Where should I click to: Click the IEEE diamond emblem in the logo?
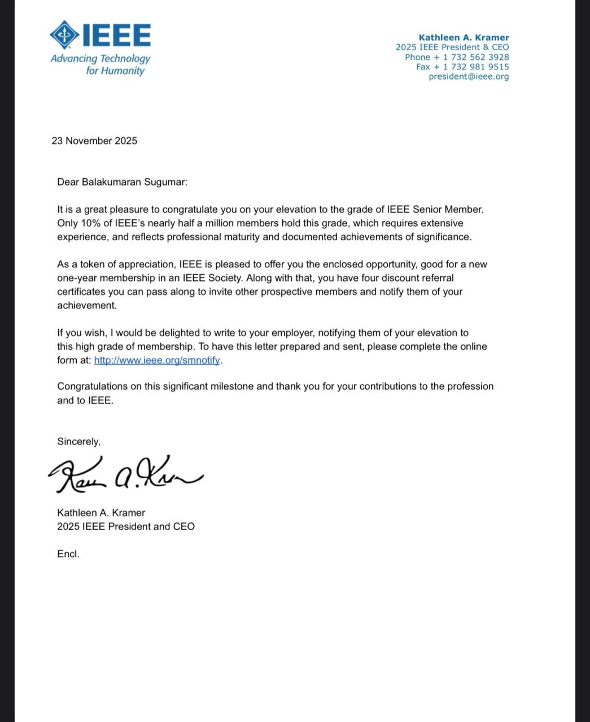65,34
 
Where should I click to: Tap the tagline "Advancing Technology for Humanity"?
100,64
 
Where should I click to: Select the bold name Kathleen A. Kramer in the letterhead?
464,38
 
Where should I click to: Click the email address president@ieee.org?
469,76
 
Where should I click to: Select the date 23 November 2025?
94,141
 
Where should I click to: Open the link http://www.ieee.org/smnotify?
157,360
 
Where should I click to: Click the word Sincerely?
78,442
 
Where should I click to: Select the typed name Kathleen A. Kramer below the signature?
101,513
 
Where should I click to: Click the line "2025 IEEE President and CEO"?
126,526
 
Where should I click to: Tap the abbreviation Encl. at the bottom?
68,554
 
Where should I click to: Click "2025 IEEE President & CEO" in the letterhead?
452,47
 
